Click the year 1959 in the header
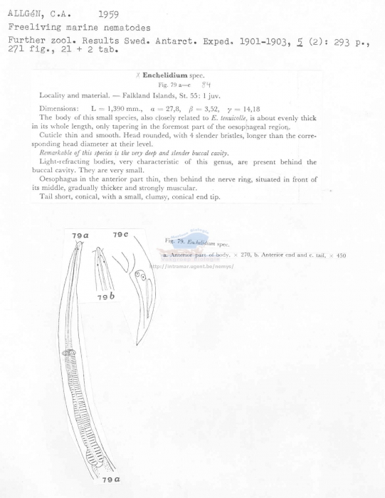[108, 14]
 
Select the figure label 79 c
[120, 235]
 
